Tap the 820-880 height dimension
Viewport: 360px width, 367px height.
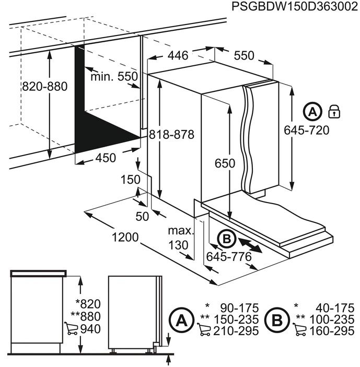click(x=44, y=87)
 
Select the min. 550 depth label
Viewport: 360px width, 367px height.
click(x=113, y=76)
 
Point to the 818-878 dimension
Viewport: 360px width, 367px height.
click(x=171, y=134)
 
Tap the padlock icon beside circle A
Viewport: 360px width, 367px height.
click(x=333, y=112)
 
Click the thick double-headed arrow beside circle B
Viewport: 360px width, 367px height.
click(x=250, y=243)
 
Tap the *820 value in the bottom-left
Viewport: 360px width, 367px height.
click(x=86, y=304)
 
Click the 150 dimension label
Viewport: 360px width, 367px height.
click(x=131, y=179)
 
